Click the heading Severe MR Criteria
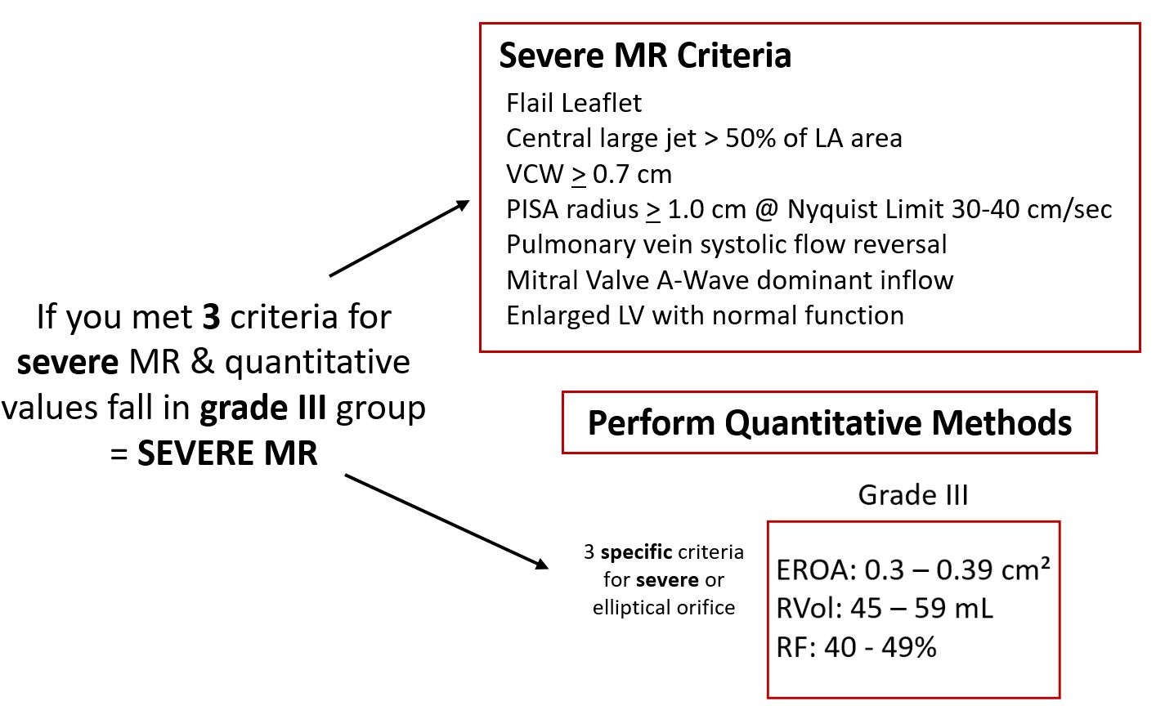tap(645, 56)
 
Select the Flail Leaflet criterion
tap(574, 103)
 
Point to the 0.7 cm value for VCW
tap(632, 174)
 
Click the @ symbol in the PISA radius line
tap(766, 210)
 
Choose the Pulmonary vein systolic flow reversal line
tap(727, 245)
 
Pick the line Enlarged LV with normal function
tap(705, 315)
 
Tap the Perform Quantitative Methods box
tap(829, 423)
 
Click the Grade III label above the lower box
tap(913, 495)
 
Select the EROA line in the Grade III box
tap(913, 569)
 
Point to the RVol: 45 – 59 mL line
tap(884, 608)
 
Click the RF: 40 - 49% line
tap(856, 647)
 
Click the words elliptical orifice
tap(664, 608)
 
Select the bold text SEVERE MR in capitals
tap(227, 453)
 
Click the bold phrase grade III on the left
tap(262, 408)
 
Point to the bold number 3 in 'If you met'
tap(211, 316)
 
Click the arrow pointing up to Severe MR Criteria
tap(400, 239)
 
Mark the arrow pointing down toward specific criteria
tap(446, 521)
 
